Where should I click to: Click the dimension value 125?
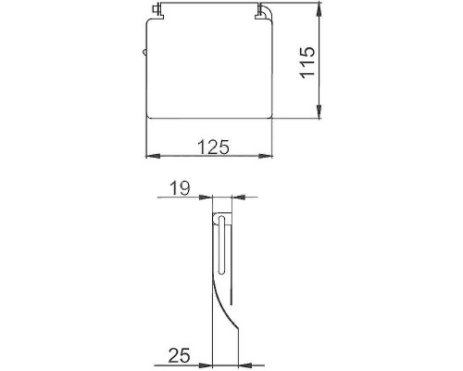(x=212, y=147)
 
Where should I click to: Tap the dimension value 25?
(x=180, y=353)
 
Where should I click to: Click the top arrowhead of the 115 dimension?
(x=320, y=9)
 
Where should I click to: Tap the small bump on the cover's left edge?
(x=146, y=55)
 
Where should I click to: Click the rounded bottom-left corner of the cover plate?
(x=152, y=115)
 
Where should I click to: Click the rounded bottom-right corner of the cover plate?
(x=269, y=115)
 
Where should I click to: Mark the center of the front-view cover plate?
(x=210, y=68)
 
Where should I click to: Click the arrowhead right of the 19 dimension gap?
(x=233, y=197)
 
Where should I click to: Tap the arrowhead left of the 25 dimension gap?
(x=209, y=362)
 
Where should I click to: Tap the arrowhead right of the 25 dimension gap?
(x=244, y=362)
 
